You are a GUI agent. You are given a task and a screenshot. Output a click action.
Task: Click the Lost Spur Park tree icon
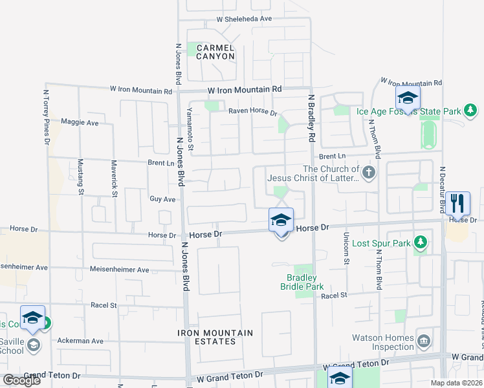421,242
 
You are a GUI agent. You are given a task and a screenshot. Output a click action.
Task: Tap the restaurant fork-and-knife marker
457,203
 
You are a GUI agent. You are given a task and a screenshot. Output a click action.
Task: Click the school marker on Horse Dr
281,221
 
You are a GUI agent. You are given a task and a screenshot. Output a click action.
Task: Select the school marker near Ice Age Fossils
408,99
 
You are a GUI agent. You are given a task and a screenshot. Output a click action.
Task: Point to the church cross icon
369,172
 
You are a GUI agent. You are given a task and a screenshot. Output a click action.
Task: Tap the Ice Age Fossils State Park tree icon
470,111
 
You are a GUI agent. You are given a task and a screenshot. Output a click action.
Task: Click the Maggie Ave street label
80,122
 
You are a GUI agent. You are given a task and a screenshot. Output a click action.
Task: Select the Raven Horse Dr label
252,112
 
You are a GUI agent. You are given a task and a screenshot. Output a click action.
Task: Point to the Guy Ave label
162,199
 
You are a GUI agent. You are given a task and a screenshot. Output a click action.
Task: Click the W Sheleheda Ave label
244,19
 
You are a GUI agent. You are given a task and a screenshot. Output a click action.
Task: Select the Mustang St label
81,177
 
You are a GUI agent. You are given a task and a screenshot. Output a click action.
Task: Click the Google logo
21,380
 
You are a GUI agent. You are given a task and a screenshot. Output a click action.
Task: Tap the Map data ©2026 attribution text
457,383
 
